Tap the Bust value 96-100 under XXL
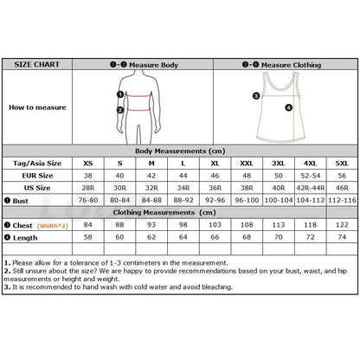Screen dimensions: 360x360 pyautogui.click(x=247, y=199)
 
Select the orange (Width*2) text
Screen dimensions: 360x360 pyautogui.click(x=52, y=223)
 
